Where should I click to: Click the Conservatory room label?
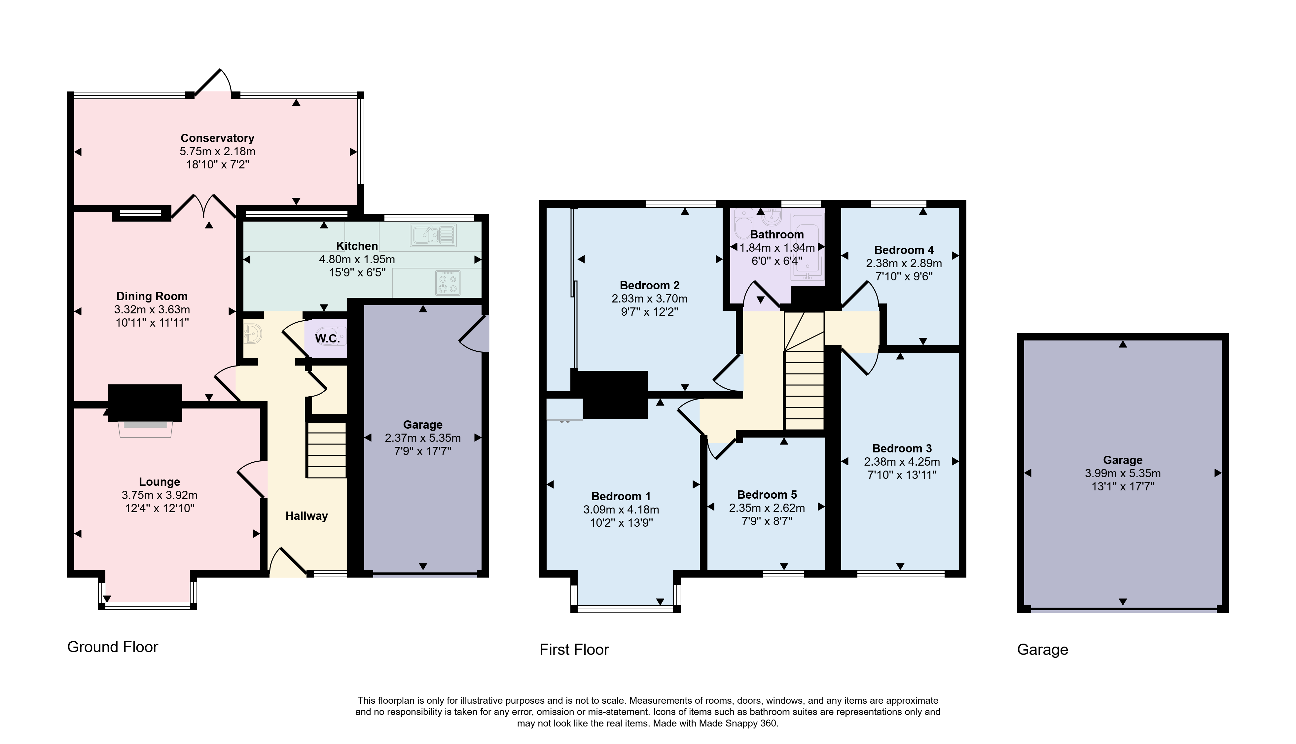[x=217, y=138]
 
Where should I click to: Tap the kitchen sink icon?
[x=433, y=235]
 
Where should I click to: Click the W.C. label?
[x=327, y=338]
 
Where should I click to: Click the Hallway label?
[x=306, y=516]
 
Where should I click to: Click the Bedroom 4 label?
[x=904, y=250]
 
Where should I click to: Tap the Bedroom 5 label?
[x=767, y=495]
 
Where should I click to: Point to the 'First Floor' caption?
[x=574, y=650]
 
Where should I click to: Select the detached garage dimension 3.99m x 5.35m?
[x=1123, y=474]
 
